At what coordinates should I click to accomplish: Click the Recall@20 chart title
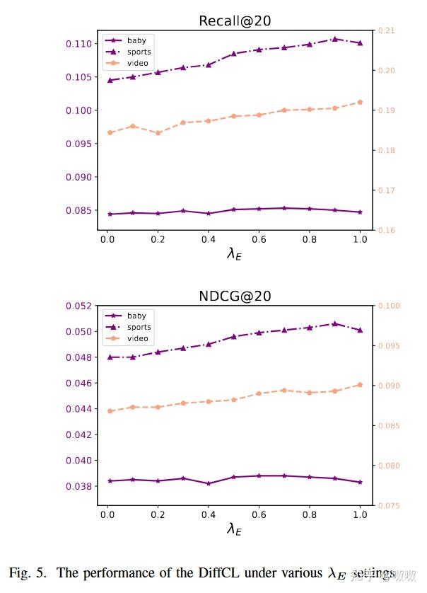tap(235, 21)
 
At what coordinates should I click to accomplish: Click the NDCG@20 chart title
tap(235, 296)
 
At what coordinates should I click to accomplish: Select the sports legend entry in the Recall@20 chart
tap(139, 52)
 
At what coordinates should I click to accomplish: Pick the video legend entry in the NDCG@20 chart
tap(138, 338)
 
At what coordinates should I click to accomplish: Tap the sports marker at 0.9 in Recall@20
tap(334, 39)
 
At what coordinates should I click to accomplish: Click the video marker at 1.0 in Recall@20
tap(360, 102)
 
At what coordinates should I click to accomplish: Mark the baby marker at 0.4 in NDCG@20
tap(208, 483)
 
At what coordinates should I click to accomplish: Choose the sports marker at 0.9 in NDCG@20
tap(334, 323)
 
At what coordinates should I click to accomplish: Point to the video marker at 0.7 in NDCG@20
tap(283, 390)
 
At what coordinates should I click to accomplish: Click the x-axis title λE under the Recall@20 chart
tap(234, 253)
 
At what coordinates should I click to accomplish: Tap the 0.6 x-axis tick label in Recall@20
tap(259, 239)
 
